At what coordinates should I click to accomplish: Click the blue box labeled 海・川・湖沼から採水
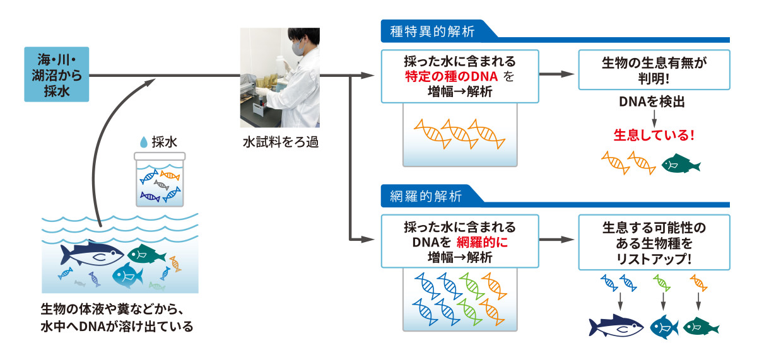coord(56,74)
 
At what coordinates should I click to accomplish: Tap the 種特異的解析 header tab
coord(433,31)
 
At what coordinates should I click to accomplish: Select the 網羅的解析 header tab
coord(426,196)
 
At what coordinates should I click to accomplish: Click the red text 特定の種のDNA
coord(452,77)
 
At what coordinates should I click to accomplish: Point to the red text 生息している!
coord(654,135)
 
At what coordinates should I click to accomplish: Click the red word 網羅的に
coord(482,242)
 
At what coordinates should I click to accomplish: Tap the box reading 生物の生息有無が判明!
coord(654,70)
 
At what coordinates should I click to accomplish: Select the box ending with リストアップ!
coord(654,242)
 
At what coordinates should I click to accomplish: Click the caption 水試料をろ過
coord(281,142)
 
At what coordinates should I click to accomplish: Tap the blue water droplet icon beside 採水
coord(144,142)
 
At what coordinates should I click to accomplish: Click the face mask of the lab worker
coord(298,47)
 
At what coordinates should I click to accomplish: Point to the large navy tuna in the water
coord(92,253)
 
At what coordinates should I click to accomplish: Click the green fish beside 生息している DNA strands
coord(681,163)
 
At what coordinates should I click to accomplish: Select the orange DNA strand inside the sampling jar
coord(170,175)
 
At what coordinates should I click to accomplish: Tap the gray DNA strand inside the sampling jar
coord(161,185)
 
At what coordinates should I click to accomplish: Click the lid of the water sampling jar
coord(160,156)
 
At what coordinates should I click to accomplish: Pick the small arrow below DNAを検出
coord(654,119)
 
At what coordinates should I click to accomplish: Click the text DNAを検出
coord(652,102)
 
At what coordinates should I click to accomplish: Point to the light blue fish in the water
coord(127,276)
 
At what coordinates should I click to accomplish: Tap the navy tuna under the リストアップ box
coord(616,326)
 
